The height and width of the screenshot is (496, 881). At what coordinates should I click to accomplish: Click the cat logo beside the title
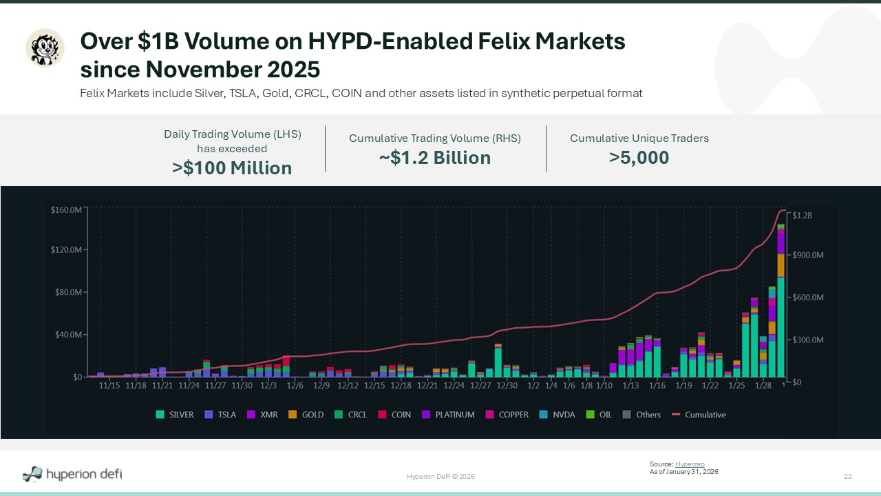click(x=45, y=48)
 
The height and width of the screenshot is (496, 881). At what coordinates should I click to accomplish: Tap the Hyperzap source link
click(x=690, y=464)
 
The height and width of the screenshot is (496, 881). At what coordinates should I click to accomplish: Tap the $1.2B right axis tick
click(x=803, y=216)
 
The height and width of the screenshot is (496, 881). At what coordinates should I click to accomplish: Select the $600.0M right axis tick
click(x=808, y=298)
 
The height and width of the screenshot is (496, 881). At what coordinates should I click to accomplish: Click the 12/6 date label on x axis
click(x=295, y=386)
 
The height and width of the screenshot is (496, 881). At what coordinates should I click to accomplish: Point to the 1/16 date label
click(x=657, y=386)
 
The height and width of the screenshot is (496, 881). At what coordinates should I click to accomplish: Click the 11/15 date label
click(x=109, y=386)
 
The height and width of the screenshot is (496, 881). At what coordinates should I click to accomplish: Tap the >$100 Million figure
click(x=232, y=168)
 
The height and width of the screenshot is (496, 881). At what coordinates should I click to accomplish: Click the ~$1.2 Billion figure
click(x=434, y=158)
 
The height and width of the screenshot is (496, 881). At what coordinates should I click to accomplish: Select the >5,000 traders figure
click(x=639, y=158)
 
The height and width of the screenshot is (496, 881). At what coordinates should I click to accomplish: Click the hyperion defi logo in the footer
click(x=72, y=474)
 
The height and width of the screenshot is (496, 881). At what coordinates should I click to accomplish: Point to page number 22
click(x=848, y=477)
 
